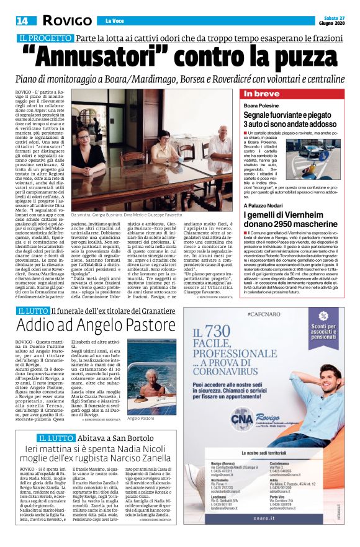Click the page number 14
coord(22,20)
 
